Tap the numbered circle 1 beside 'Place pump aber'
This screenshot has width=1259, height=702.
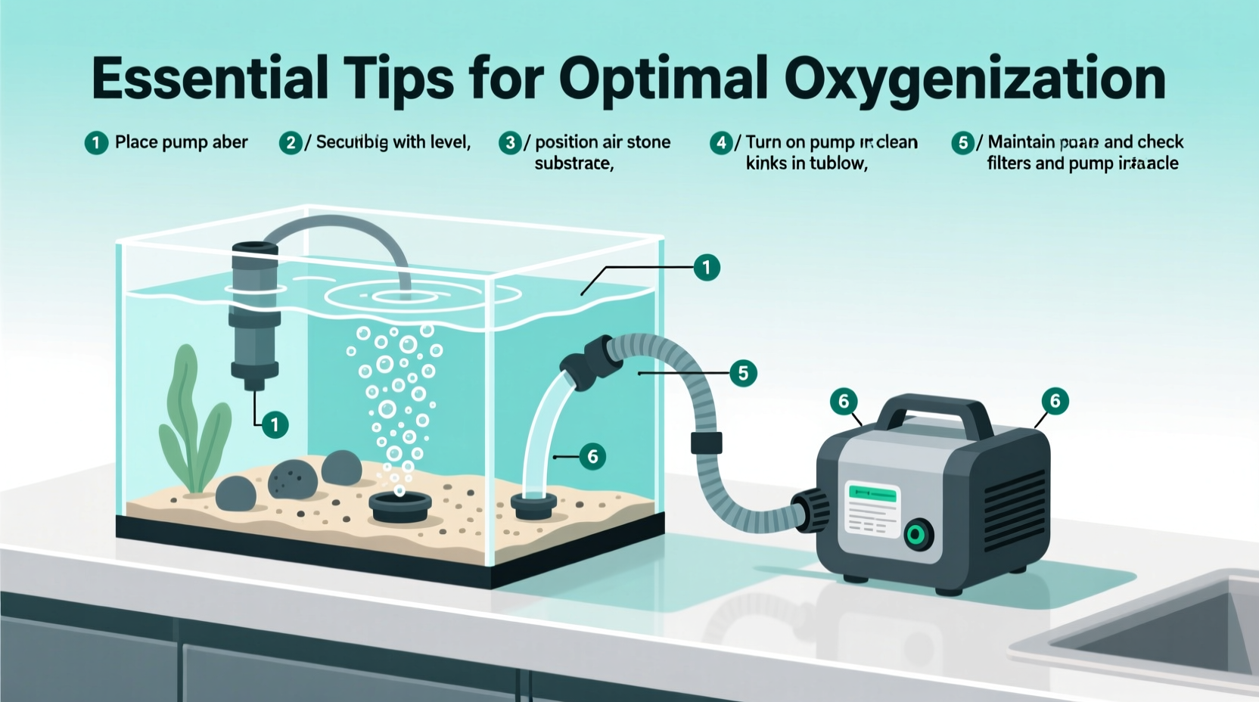[x=96, y=142]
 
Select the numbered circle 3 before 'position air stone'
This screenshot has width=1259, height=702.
[x=510, y=142]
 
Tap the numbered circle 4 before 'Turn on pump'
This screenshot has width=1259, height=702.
[x=721, y=142]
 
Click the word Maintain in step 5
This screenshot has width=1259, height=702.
[x=1021, y=142]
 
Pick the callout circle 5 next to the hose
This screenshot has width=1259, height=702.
[x=743, y=373]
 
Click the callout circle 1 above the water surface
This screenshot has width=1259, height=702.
[x=707, y=267]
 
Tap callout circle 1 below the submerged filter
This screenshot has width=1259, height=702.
[x=275, y=425]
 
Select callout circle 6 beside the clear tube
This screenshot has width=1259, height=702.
[x=592, y=456]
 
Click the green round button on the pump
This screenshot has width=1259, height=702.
[x=918, y=536]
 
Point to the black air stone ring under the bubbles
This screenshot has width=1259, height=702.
[x=399, y=506]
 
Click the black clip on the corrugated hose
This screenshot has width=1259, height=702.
[x=706, y=443]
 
